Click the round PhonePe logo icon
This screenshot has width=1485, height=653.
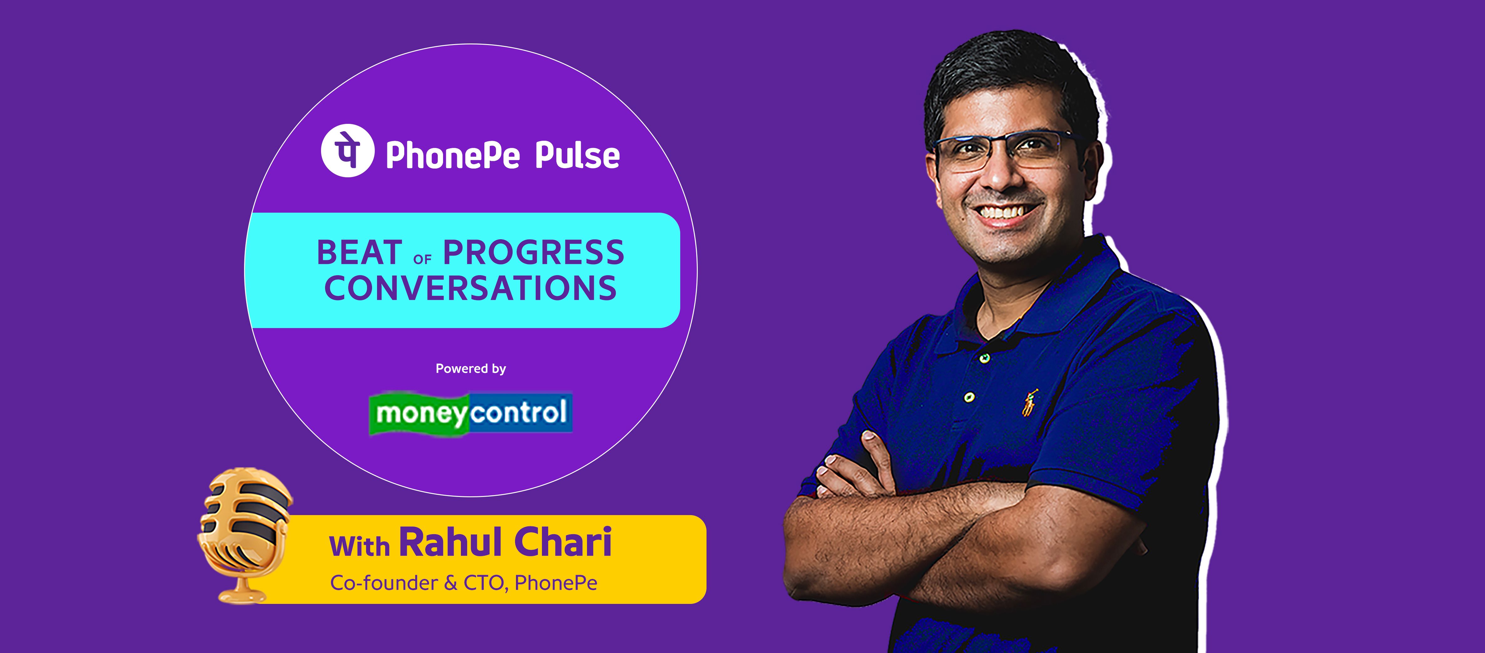(x=348, y=151)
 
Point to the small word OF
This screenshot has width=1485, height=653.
(x=422, y=259)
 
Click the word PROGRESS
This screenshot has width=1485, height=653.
(x=533, y=252)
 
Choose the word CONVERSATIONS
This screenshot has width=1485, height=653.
(x=470, y=288)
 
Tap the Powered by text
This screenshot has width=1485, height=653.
(x=470, y=369)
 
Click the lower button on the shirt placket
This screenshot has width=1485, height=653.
(x=970, y=397)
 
